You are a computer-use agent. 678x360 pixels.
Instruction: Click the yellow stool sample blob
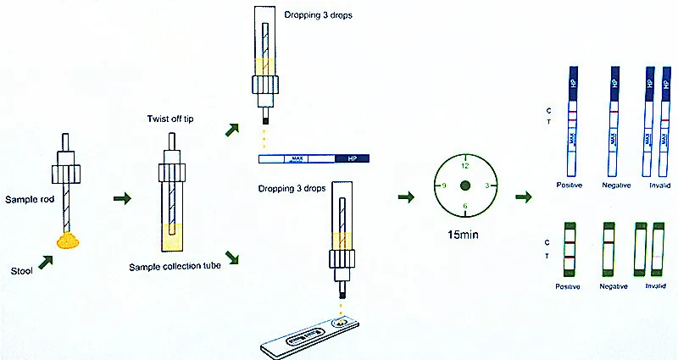coord(68,241)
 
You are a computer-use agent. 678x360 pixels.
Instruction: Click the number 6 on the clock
coord(464,206)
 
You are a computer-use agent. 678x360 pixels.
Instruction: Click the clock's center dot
coord(464,186)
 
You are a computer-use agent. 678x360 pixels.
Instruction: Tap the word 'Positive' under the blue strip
coord(570,184)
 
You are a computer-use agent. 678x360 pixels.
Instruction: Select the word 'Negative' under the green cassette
coord(613,286)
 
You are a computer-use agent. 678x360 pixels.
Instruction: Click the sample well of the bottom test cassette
coord(342,323)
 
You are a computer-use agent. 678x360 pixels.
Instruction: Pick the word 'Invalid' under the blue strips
coord(659,184)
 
